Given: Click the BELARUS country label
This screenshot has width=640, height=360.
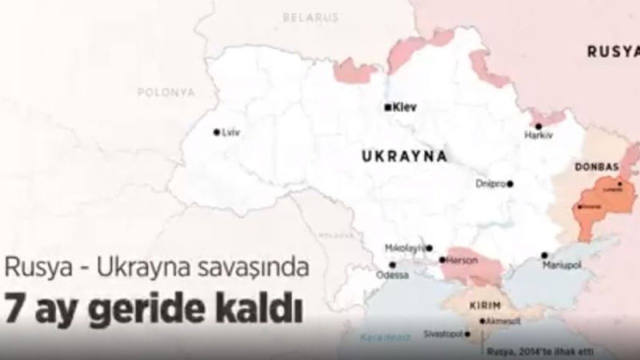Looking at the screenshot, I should click(x=310, y=17).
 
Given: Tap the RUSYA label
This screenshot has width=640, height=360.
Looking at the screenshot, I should click(x=613, y=51).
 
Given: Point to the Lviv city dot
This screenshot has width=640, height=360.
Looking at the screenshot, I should click(x=216, y=132).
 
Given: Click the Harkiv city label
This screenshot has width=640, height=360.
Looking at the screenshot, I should click(x=538, y=135).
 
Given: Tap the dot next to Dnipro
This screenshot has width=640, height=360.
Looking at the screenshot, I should click(x=510, y=184).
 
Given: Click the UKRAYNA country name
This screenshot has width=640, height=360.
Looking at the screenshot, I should click(x=404, y=156).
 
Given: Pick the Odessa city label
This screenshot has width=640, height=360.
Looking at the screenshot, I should click(x=392, y=275).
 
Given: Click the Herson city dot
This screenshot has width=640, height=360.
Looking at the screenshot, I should click(x=442, y=260).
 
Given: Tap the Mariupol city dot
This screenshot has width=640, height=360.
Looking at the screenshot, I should click(x=544, y=255).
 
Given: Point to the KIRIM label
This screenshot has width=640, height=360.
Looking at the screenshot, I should click(x=485, y=305).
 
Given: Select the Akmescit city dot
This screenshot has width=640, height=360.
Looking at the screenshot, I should click(x=482, y=321).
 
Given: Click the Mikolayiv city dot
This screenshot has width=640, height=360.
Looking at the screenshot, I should click(x=429, y=248).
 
